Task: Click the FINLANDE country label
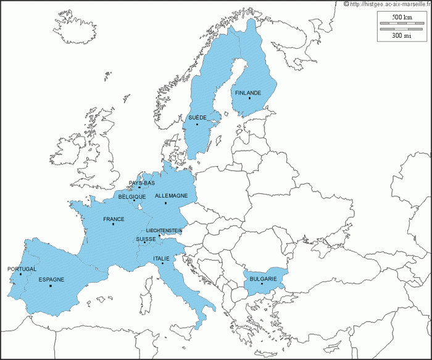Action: click(x=248, y=93)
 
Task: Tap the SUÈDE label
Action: click(x=197, y=117)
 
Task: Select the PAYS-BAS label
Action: click(x=142, y=183)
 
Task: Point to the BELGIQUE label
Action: click(x=132, y=196)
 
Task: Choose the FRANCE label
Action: click(x=114, y=219)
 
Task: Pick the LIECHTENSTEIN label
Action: click(x=164, y=230)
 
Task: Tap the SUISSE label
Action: click(x=146, y=238)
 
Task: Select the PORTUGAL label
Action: click(x=22, y=269)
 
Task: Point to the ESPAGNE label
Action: click(x=51, y=279)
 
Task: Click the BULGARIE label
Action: click(x=263, y=279)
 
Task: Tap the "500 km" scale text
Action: click(x=402, y=16)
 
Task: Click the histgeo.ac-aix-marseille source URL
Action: click(x=391, y=4)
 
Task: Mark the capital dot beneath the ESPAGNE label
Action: click(x=51, y=285)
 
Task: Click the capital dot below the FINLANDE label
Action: click(x=250, y=98)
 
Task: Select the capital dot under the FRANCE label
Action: click(x=113, y=224)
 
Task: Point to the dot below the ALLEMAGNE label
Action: click(x=165, y=203)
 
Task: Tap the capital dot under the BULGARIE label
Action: click(x=262, y=284)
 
